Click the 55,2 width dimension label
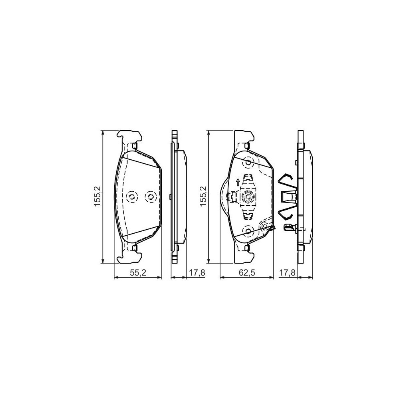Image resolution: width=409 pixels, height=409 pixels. (x=137, y=273)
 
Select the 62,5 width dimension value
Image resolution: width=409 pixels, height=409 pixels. (x=247, y=273)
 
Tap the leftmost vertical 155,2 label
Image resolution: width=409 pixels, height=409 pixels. (x=96, y=197)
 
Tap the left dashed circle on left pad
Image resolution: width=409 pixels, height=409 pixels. (x=131, y=197)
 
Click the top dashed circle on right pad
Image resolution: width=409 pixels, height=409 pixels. (x=248, y=163)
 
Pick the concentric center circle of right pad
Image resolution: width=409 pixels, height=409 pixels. (x=248, y=197)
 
